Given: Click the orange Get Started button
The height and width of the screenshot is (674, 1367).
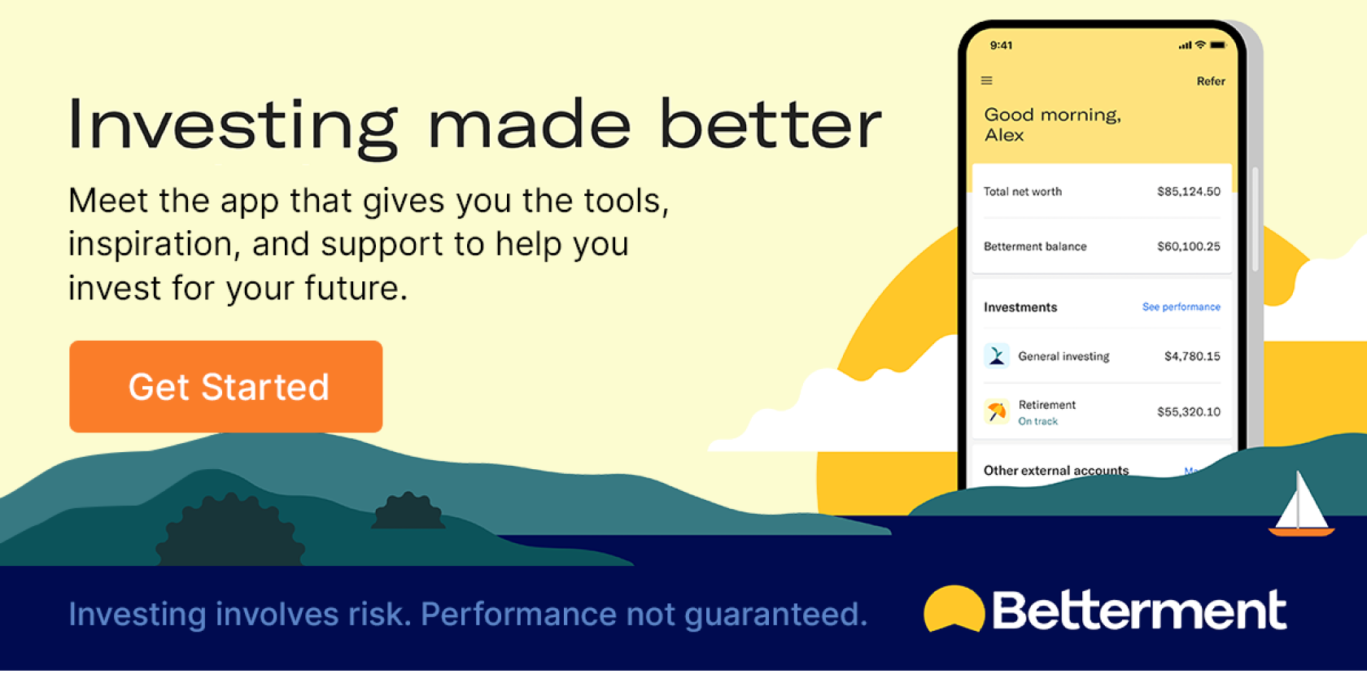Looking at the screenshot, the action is pyautogui.click(x=226, y=387).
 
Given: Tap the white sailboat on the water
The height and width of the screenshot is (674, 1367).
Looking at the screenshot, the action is pyautogui.click(x=1301, y=504).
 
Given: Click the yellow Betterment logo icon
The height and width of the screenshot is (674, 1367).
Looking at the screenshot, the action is pyautogui.click(x=954, y=609).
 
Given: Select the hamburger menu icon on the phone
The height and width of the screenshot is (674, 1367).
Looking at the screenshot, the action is pyautogui.click(x=987, y=80).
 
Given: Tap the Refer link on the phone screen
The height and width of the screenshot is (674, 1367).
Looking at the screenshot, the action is pyautogui.click(x=1211, y=81).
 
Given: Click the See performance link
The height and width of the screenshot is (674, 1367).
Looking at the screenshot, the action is pyautogui.click(x=1181, y=307).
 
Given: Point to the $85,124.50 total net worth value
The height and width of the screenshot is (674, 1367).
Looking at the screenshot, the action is pyautogui.click(x=1189, y=192).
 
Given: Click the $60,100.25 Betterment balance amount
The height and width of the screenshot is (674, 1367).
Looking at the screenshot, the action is pyautogui.click(x=1189, y=246).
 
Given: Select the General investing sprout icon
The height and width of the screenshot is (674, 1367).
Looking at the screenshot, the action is pyautogui.click(x=997, y=355).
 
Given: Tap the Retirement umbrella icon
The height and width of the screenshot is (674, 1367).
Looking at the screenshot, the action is pyautogui.click(x=997, y=411).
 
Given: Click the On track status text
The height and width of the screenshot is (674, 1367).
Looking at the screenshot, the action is pyautogui.click(x=1038, y=421).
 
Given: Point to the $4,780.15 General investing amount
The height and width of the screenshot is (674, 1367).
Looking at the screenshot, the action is pyautogui.click(x=1193, y=356).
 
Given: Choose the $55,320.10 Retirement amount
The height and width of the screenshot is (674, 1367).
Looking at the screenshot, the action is pyautogui.click(x=1189, y=411).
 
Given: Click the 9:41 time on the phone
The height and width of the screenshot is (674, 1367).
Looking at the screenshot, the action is pyautogui.click(x=1001, y=46).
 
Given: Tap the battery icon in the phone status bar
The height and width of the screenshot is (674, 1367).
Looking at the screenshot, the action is pyautogui.click(x=1218, y=45).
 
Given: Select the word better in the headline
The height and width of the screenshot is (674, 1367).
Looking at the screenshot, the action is pyautogui.click(x=771, y=124).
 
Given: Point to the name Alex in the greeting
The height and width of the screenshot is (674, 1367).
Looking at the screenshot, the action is pyautogui.click(x=1004, y=135).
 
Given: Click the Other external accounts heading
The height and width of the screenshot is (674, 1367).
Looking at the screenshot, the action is pyautogui.click(x=1056, y=470).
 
